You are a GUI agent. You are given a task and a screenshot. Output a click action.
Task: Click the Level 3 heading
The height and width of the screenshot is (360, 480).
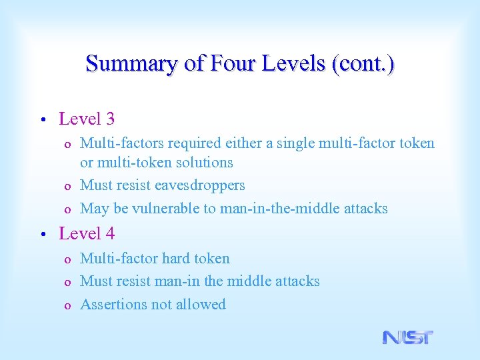[87, 119]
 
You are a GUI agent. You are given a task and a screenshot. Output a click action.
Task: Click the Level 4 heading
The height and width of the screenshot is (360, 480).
[87, 234]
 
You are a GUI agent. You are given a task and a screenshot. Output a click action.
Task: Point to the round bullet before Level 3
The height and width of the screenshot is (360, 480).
[41, 121]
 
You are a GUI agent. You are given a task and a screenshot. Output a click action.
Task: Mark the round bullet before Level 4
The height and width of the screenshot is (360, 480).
[41, 235]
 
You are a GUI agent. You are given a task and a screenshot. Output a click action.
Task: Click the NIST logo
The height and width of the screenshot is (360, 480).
[408, 337]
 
